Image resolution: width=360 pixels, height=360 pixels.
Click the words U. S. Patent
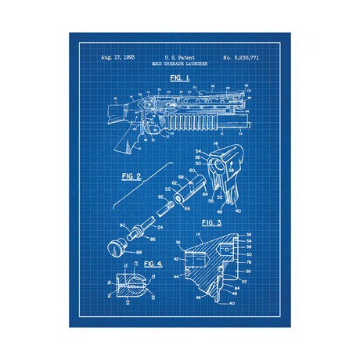[179, 59]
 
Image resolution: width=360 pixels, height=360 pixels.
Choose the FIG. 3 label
[212, 222]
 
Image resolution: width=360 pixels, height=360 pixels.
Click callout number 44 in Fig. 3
[178, 276]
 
